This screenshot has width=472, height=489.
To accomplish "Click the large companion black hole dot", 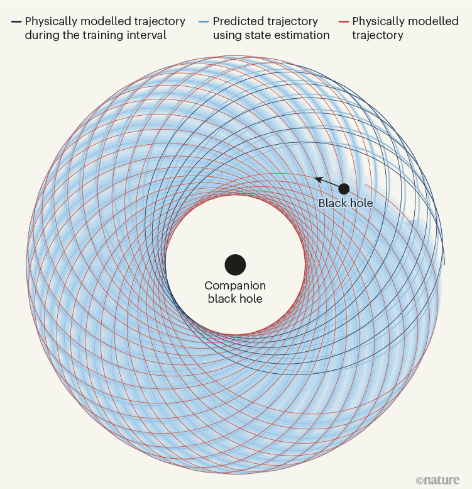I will coord(234,265).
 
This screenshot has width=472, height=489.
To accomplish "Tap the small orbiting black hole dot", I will coord(344,189).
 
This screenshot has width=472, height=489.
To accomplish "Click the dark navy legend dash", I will coord(16,22).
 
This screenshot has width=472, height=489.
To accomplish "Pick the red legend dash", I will coord(343,22).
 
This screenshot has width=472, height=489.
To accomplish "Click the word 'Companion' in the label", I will coord(235,285).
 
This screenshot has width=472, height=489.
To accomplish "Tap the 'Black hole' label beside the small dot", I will coord(345,203).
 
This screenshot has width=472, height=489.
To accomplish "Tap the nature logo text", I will coord(441,480).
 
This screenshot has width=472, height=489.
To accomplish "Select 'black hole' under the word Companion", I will coord(235,299).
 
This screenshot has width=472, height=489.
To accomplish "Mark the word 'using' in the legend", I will coord(228,36).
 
